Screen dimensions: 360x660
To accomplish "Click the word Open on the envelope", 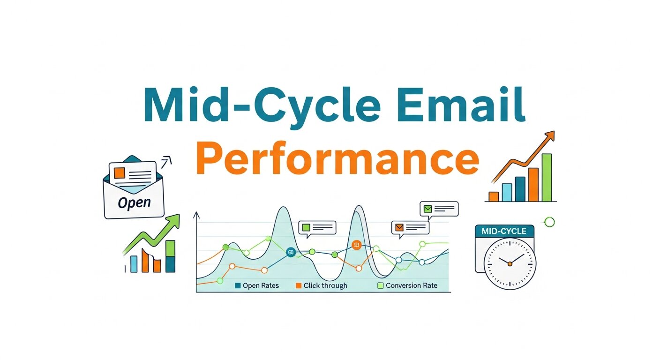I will pos(134,202).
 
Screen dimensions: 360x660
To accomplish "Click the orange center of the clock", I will pos(510,264).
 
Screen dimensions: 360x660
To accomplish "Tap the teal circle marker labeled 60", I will pos(291,252).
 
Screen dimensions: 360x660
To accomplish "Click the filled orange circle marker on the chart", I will pos(356,245).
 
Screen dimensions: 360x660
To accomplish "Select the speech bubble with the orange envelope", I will pos(410,227).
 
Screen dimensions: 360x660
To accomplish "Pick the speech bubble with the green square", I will pos(317,227).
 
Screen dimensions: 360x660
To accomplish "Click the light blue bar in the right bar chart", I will pos(507,192).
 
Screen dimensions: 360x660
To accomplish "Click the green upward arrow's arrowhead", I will pos(175,219).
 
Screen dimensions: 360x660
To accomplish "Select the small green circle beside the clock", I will pos(549,222).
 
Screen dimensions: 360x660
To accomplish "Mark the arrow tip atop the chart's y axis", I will pos(196,214).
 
